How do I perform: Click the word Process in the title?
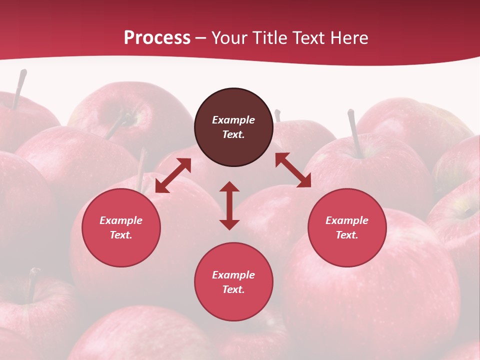tap(157, 38)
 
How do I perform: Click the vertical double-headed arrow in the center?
tap(229, 205)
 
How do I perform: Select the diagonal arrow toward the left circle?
tap(173, 175)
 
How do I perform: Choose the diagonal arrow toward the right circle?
tap(293, 170)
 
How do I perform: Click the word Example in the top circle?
tap(233, 120)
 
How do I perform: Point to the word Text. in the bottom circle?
tap(233, 289)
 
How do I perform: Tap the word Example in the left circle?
tap(121, 220)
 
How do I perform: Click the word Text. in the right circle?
tap(347, 235)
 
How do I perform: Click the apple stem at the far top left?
tap(19, 88)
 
